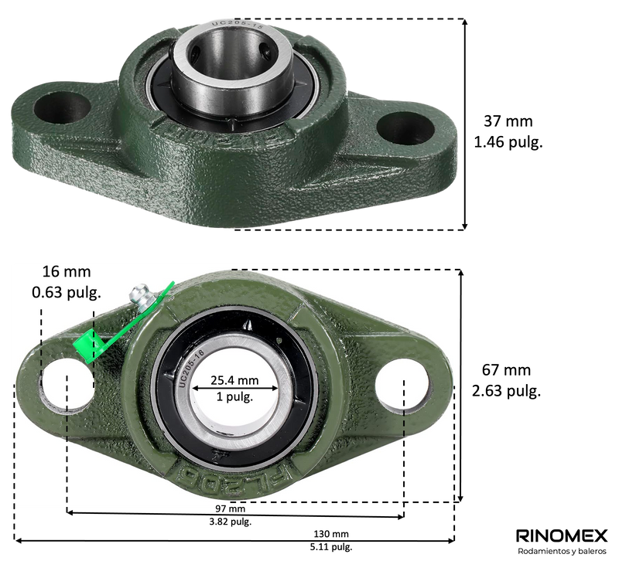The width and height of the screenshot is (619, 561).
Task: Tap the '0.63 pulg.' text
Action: pos(67,293)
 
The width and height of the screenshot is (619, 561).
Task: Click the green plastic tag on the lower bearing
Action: pos(87,346)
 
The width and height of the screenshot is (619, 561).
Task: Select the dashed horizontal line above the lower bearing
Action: pos(348,270)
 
